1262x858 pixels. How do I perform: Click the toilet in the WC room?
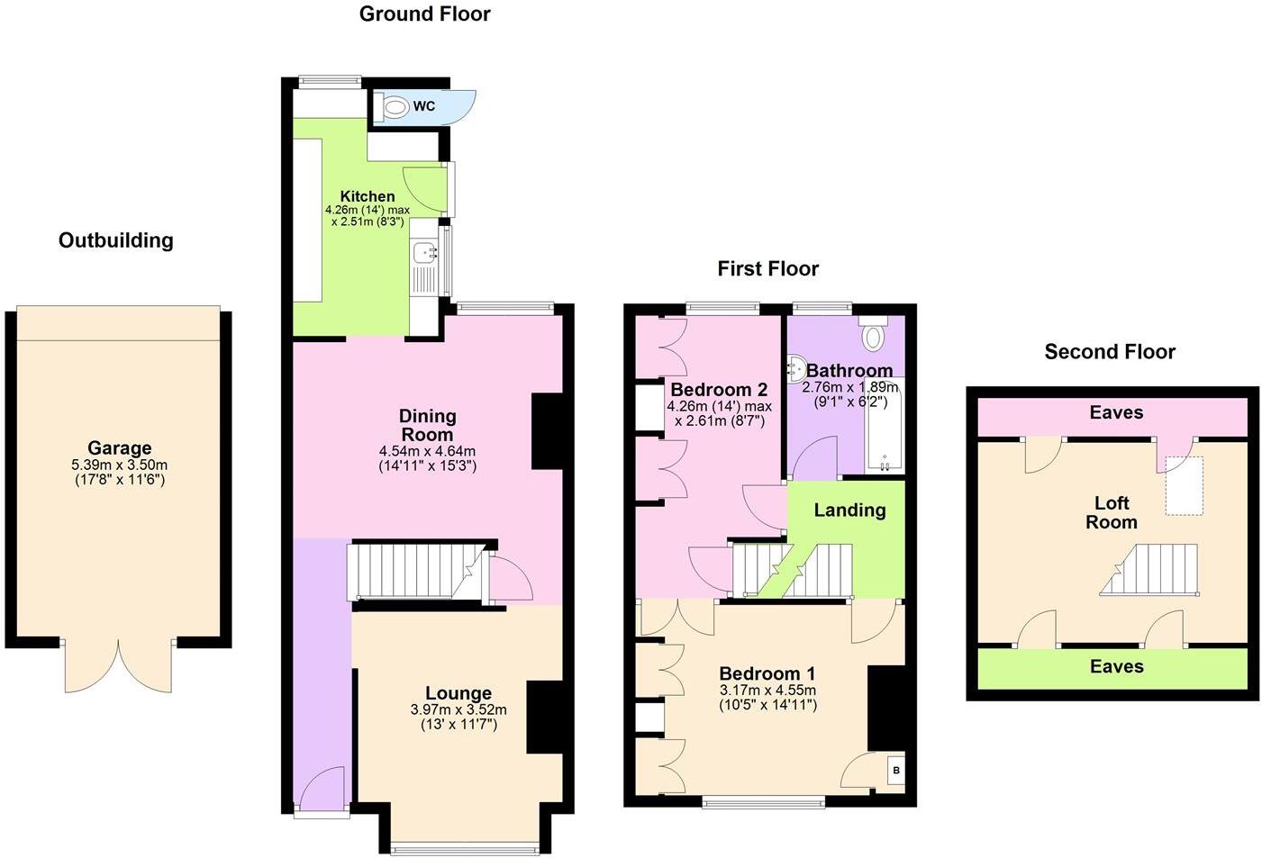(x=393, y=107)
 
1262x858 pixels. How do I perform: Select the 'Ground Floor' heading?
(x=424, y=14)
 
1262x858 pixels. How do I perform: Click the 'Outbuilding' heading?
(x=115, y=240)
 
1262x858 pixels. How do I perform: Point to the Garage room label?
(x=119, y=447)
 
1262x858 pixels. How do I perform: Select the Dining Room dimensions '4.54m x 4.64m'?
(x=427, y=451)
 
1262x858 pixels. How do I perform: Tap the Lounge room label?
(x=458, y=693)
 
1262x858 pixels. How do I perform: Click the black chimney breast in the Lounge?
(x=544, y=717)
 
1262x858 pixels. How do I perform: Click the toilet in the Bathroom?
(x=873, y=335)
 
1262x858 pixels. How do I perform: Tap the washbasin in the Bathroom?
(x=796, y=368)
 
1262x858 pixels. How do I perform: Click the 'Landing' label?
(x=849, y=510)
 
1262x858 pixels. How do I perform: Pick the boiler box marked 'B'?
(x=895, y=771)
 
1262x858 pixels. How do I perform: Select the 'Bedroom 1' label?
(x=767, y=673)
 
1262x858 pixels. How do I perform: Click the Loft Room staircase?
(x=1149, y=570)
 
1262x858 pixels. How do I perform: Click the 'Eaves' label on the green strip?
(x=1116, y=666)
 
